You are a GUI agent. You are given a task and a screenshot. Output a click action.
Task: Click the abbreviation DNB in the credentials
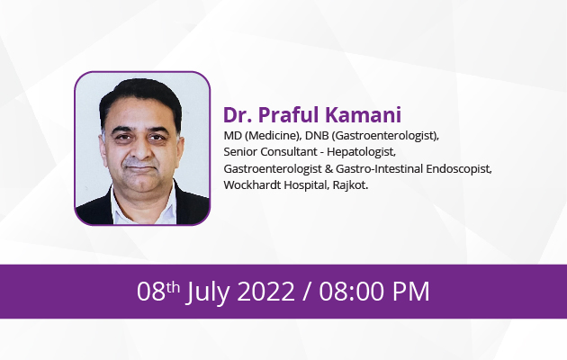click(x=317, y=136)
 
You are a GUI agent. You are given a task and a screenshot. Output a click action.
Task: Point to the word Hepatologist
click(x=361, y=152)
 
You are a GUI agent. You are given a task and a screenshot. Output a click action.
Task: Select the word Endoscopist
click(x=458, y=169)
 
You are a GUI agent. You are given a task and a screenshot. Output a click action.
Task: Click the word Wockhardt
click(x=252, y=185)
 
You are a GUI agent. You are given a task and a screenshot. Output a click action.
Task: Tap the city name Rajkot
click(x=350, y=185)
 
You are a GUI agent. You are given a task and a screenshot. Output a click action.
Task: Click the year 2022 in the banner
click(x=265, y=292)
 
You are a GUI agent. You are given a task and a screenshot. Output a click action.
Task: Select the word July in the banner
click(x=208, y=292)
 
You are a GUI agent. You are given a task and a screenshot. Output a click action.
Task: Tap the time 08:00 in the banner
click(x=352, y=292)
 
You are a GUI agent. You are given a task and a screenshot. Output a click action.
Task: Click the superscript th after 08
click(x=173, y=287)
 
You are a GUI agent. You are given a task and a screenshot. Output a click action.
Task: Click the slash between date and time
click(x=307, y=292)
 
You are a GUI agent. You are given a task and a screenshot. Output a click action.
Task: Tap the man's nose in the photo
click(x=140, y=151)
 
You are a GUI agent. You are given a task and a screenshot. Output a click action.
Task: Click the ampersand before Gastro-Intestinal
click(x=328, y=169)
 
